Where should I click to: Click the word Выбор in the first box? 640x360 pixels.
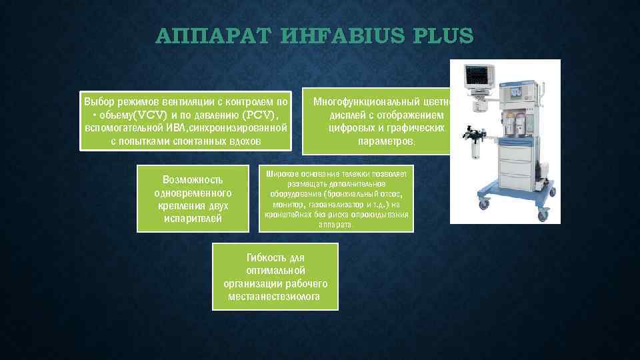point(98,102)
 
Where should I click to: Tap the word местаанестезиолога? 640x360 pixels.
point(274,296)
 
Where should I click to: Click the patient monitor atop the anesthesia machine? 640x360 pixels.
point(481,79)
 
